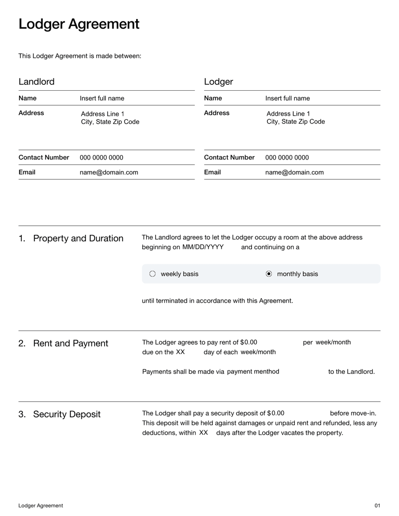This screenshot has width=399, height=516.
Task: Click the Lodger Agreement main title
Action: point(79,24)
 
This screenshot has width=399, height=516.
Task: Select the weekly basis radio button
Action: point(153,274)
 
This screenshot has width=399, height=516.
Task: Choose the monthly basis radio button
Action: point(269,274)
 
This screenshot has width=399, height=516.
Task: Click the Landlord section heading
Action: point(36,82)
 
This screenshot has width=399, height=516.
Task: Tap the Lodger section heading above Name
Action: point(218,82)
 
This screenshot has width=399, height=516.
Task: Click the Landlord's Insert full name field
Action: point(102,98)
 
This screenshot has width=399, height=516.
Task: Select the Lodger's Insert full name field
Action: point(287,98)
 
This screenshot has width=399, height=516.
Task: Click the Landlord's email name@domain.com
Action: point(109,172)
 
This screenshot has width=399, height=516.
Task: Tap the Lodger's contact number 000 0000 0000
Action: point(287,158)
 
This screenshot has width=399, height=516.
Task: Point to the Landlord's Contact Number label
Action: point(44,158)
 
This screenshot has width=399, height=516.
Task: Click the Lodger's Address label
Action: point(216,113)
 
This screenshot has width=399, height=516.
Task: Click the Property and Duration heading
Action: point(78,238)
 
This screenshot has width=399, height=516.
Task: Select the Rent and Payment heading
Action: point(70,344)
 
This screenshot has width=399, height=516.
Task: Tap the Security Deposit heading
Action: point(66,414)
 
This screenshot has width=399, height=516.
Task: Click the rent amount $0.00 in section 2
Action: point(248,343)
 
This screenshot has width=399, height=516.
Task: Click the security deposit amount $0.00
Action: point(275,413)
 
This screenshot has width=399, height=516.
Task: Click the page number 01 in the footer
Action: point(377,506)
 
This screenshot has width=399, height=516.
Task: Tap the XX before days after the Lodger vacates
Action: point(203,433)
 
